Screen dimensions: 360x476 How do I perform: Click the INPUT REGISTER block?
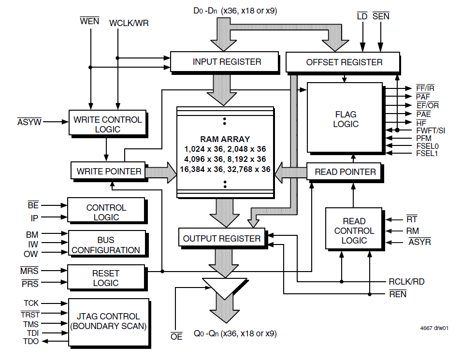click(224, 62)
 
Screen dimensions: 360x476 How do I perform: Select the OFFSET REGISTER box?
click(343, 62)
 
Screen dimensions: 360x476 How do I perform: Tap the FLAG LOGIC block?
click(345, 119)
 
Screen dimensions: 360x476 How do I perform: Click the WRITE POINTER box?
click(109, 171)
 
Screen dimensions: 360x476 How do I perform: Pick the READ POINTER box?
click(345, 172)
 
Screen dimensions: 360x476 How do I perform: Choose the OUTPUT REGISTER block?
click(222, 238)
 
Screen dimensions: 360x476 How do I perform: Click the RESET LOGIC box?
click(106, 278)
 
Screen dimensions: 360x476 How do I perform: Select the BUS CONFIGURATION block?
click(106, 245)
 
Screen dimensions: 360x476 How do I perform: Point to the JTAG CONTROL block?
click(108, 321)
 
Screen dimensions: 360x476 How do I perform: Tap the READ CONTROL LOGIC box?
click(354, 230)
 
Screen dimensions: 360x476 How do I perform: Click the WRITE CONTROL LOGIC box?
click(107, 124)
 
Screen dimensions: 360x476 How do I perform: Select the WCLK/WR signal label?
click(129, 23)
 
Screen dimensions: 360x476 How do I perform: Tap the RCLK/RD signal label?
click(406, 282)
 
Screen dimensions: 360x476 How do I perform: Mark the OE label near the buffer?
click(176, 336)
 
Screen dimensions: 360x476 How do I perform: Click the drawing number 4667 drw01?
click(434, 328)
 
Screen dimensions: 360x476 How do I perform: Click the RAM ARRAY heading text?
click(225, 139)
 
